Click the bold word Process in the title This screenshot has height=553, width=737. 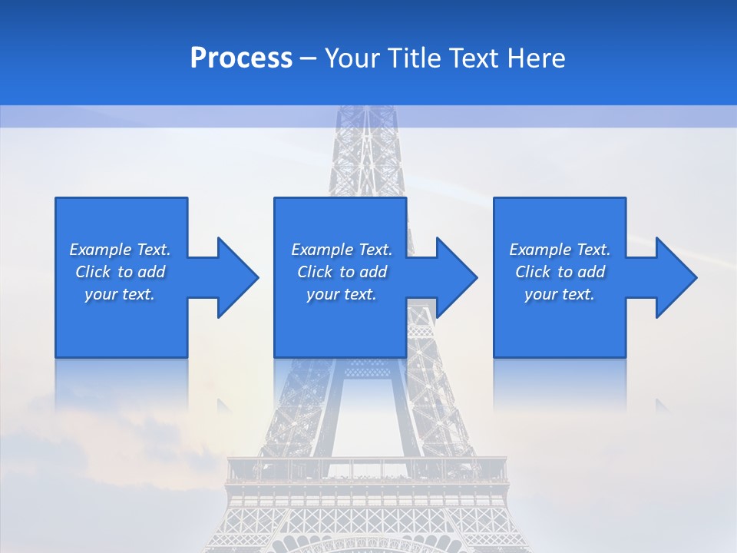(241, 58)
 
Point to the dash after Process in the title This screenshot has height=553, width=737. (309, 58)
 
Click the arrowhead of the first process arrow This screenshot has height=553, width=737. (237, 277)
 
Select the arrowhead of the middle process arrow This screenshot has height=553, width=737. (456, 277)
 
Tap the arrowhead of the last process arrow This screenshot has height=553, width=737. (676, 277)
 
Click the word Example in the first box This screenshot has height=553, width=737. (101, 250)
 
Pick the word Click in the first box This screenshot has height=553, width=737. (93, 272)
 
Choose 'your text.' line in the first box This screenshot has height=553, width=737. (120, 294)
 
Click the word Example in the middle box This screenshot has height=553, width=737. (322, 250)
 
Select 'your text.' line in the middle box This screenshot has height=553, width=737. (342, 294)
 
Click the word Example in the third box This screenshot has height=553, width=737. (540, 250)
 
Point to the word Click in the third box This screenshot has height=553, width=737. (533, 272)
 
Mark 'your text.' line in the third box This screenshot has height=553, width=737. (560, 294)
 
